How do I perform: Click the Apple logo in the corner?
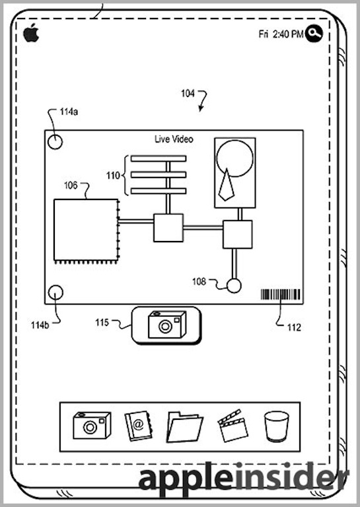31,32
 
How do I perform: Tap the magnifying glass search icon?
314,33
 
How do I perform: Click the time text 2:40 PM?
288,34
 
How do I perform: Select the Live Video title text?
174,139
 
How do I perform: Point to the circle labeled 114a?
55,142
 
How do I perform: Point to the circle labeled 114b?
55,292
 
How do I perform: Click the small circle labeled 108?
234,285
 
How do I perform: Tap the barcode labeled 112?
281,294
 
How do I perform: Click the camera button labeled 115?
166,325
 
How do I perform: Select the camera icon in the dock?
92,425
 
